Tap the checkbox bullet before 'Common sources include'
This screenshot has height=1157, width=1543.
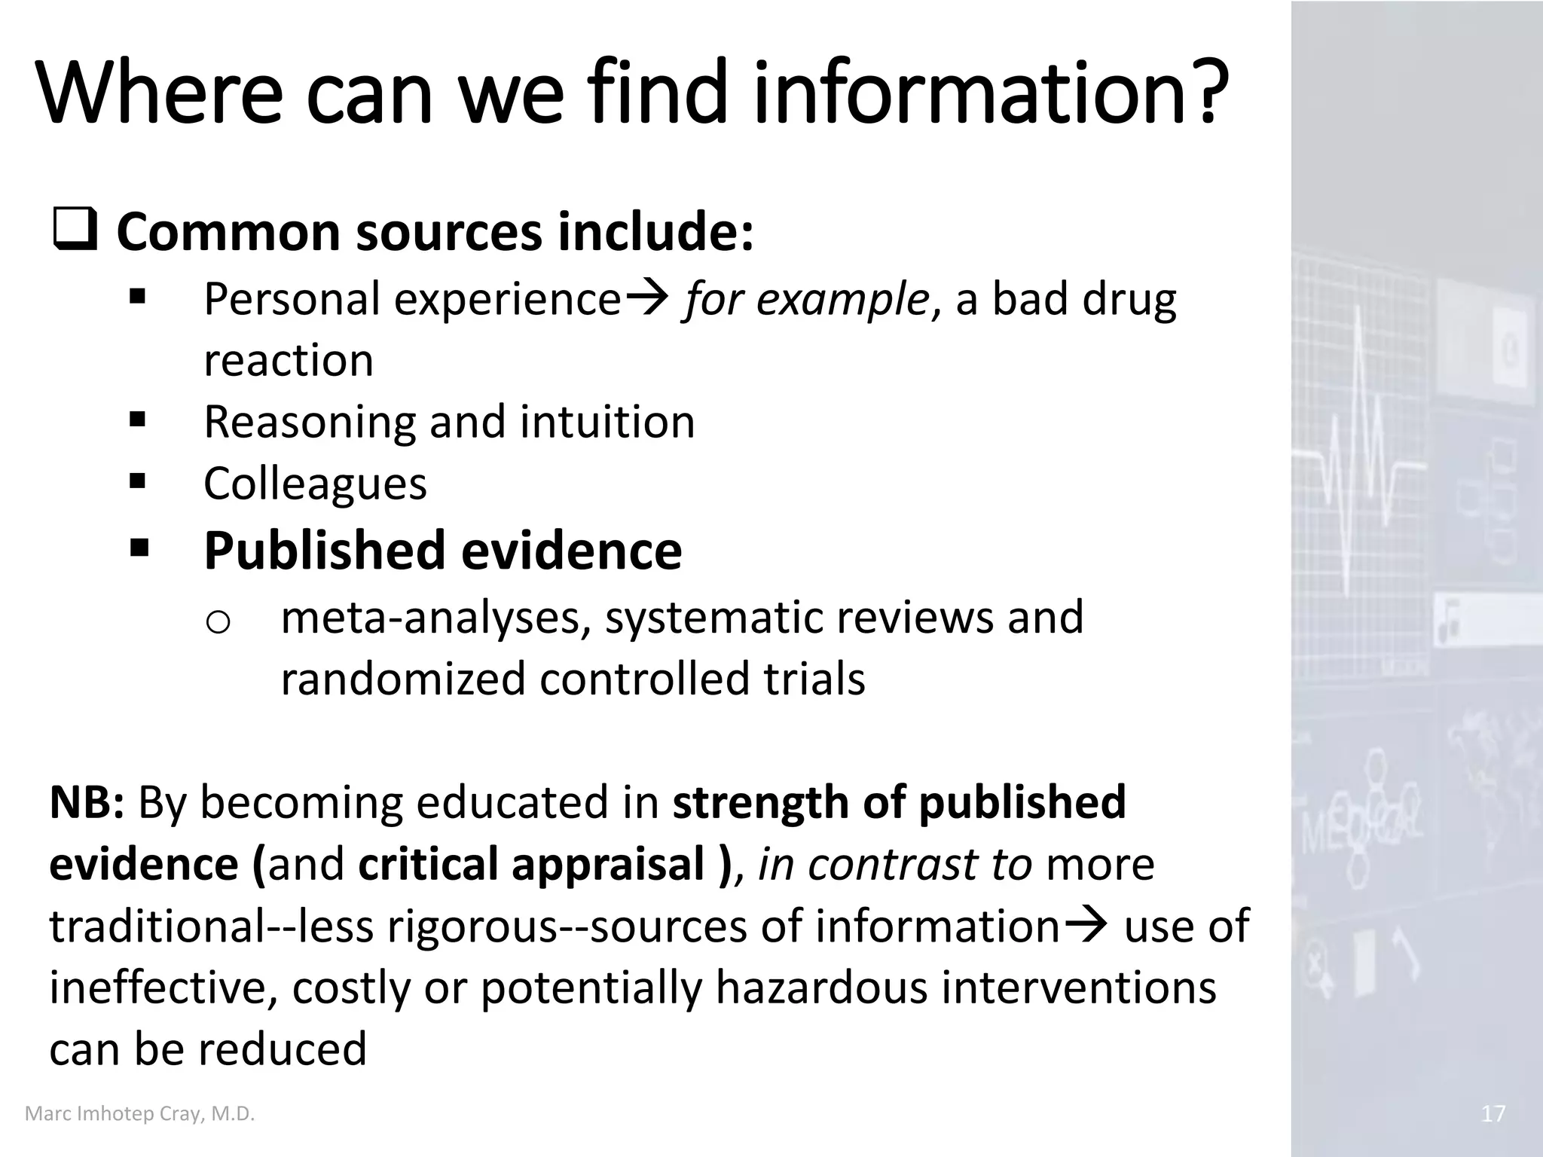click(75, 233)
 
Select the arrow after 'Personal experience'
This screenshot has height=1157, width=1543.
click(647, 298)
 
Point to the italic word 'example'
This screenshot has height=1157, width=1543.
click(842, 301)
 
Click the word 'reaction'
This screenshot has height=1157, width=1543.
click(289, 360)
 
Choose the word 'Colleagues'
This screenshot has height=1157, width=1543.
click(315, 484)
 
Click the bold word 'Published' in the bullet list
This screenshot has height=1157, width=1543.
click(325, 551)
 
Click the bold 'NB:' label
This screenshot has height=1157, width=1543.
click(87, 802)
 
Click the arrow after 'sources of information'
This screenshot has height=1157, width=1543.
click(1087, 926)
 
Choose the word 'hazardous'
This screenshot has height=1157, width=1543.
click(821, 988)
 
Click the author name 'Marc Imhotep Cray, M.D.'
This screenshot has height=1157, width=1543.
click(140, 1113)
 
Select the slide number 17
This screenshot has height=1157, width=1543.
click(1493, 1113)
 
